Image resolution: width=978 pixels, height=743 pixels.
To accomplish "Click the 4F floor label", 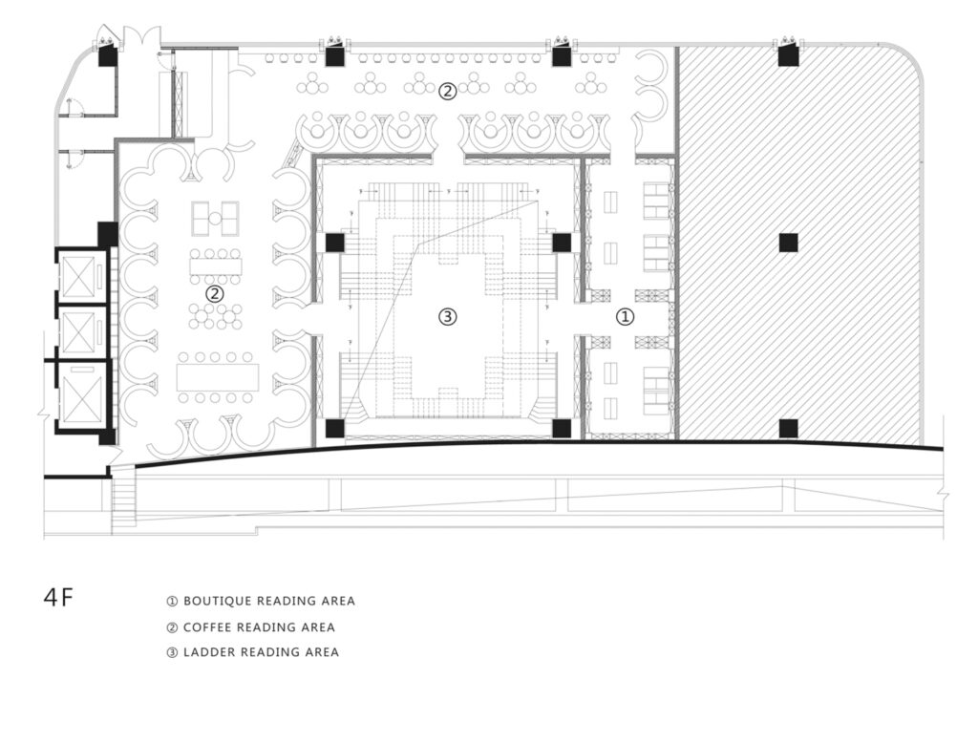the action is click(58, 597).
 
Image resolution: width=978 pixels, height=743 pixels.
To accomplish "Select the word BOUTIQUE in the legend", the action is click(217, 601).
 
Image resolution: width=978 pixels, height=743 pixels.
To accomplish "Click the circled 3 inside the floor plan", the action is click(448, 317).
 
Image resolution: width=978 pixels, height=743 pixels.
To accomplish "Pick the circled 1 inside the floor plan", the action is click(626, 317).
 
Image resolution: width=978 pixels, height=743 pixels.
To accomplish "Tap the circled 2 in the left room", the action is click(215, 293).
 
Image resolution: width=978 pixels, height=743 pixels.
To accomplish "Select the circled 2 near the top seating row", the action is click(447, 92).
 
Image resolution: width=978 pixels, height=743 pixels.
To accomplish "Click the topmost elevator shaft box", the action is click(78, 276).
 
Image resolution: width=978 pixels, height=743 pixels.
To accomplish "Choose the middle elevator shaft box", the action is click(78, 331).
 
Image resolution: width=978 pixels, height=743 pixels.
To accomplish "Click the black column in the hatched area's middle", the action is click(788, 242).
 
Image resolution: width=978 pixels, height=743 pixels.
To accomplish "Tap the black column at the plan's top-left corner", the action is click(108, 56).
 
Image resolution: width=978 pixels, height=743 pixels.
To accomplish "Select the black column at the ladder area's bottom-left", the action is click(335, 428).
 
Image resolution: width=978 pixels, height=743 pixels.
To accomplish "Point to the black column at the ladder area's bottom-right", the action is click(562, 428).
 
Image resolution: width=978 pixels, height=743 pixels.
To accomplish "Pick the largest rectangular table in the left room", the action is click(218, 377).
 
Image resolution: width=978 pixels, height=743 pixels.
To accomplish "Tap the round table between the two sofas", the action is click(215, 219).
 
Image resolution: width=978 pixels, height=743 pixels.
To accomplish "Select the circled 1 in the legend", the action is click(172, 602).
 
